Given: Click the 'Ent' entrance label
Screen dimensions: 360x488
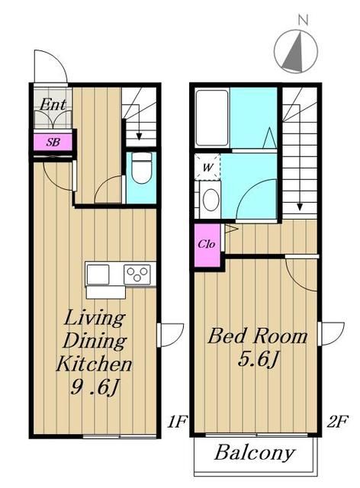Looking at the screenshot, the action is tap(53, 104).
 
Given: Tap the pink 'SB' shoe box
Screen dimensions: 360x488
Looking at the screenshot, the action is tap(53, 143).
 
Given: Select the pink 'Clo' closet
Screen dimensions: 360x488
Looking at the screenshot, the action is tap(207, 245).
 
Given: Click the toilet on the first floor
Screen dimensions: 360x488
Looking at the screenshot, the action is tap(141, 168).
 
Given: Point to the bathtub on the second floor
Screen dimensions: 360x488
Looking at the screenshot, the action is tap(212, 118).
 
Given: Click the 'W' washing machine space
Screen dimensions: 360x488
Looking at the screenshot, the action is tap(207, 167).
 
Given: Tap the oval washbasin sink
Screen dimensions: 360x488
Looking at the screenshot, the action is tap(211, 200).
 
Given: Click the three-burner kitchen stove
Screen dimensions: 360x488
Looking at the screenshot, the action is tap(137, 274).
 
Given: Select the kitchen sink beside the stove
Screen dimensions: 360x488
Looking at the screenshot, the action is tap(98, 274).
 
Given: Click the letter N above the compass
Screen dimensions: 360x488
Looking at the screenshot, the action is tap(303, 21).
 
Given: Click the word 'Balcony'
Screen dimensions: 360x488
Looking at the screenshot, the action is tap(254, 453).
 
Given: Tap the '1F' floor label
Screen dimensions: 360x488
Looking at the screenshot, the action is tap(177, 422).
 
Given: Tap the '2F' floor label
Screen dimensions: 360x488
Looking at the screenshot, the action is tap(338, 422).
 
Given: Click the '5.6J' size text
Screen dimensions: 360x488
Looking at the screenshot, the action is tap(258, 359).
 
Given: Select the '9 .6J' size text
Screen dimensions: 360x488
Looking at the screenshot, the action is tap(95, 387).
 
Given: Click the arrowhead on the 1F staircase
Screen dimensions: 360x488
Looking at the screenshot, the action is tap(139, 136).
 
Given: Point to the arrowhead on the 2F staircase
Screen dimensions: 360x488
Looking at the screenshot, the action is tap(300, 207).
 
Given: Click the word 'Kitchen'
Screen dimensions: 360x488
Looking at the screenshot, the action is tap(94, 364).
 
